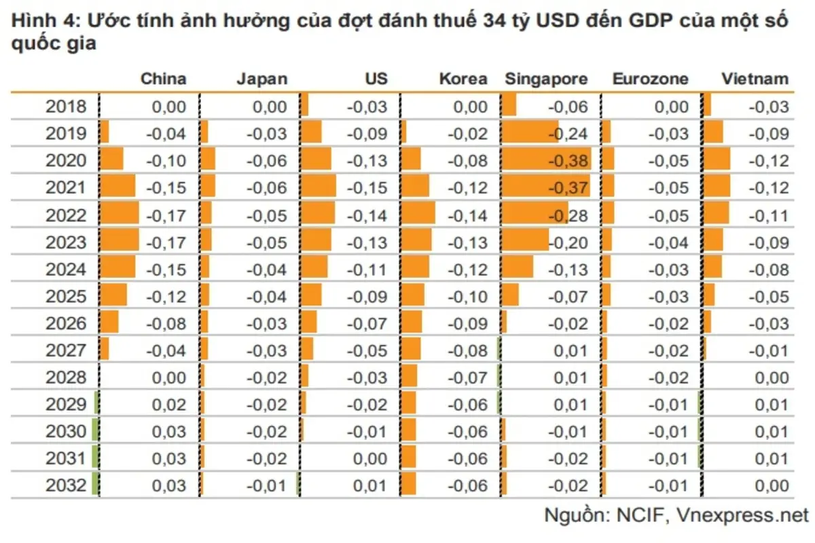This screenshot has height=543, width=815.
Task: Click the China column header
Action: click(163, 79)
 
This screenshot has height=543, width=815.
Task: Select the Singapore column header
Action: click(546, 79)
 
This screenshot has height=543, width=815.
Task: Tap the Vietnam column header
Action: click(755, 79)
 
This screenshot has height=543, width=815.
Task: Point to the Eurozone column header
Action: click(650, 79)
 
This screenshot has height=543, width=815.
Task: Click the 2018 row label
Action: click(66, 107)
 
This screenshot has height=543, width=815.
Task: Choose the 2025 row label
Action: click(66, 297)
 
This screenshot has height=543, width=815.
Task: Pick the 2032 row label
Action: click(66, 486)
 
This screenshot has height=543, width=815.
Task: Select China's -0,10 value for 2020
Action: click(166, 161)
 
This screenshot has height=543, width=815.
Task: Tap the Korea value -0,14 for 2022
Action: click(467, 215)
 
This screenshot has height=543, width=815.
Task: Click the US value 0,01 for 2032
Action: click(369, 486)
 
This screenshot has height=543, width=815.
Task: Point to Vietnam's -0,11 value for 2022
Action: click(769, 215)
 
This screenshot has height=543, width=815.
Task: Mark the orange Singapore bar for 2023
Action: click(525, 242)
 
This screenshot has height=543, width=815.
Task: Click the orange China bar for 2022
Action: click(120, 214)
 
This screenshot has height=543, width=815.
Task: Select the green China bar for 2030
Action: click(96, 431)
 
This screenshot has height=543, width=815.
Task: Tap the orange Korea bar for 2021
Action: click(416, 187)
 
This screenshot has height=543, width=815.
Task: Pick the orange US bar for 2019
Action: click(311, 133)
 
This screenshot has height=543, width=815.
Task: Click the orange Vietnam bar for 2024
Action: click(713, 269)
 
